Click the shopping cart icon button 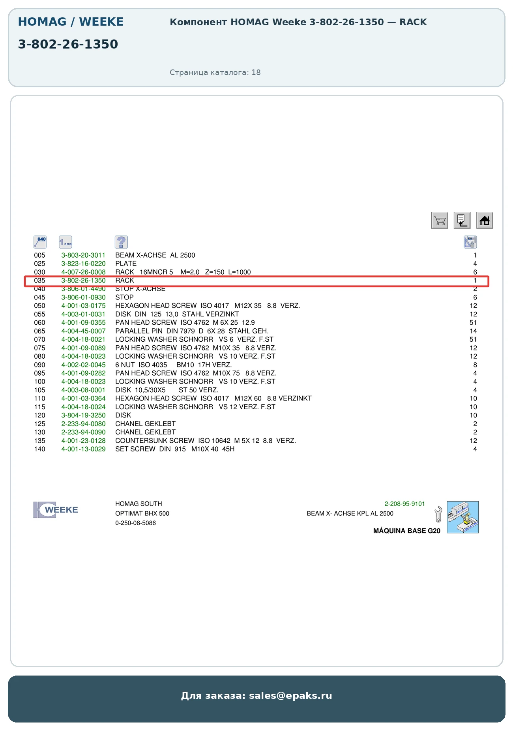[440, 220]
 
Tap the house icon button [485, 220]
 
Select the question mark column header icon [121, 242]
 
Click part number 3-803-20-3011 [83, 255]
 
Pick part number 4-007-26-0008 [83, 272]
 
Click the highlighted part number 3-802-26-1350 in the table [83, 281]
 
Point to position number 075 [39, 348]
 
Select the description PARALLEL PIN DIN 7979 [155, 331]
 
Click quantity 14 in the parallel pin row [473, 331]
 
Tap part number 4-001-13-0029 [83, 449]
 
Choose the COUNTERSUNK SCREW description [155, 441]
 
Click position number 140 [39, 449]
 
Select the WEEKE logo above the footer [56, 510]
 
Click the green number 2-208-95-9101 [405, 504]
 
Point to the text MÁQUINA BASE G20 [407, 531]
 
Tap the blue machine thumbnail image [463, 517]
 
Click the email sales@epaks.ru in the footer [290, 696]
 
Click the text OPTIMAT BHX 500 [142, 513]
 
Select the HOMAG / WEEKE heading [71, 22]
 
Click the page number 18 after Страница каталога [256, 72]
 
